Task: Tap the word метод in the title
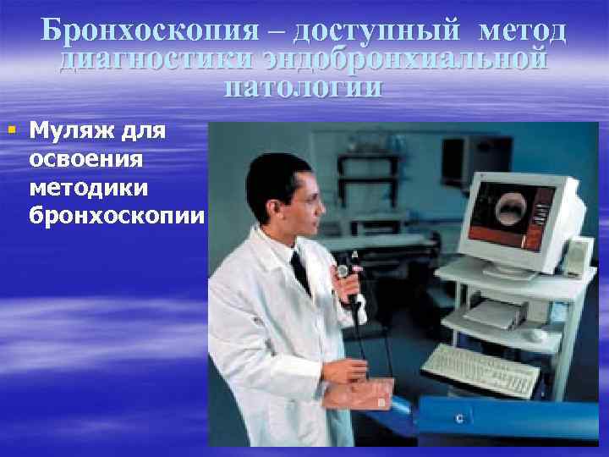[x=522, y=30]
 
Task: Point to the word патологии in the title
[x=304, y=88]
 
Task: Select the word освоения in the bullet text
[x=85, y=160]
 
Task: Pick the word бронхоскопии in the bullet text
[x=117, y=215]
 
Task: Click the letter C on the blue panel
[x=458, y=417]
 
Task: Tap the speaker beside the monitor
[x=578, y=257]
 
